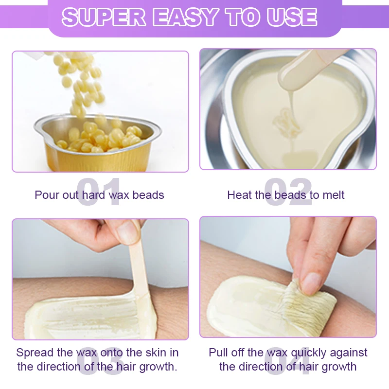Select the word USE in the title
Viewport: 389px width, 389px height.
tap(292, 18)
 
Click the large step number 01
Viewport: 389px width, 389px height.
tap(99, 192)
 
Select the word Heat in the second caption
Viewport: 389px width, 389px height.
tap(239, 195)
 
